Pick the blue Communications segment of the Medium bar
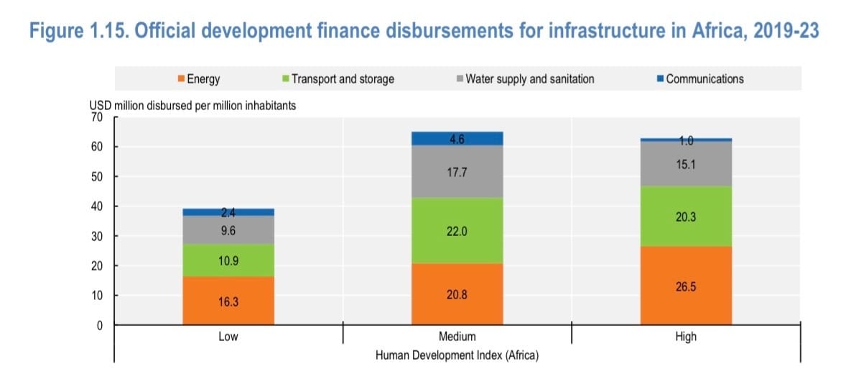point(457,138)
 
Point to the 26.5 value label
point(685,286)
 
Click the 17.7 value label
point(457,172)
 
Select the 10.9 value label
point(228,260)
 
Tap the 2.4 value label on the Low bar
point(228,212)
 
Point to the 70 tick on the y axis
point(97,117)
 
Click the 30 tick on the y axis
point(97,236)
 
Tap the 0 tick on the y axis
point(100,325)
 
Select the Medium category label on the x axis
point(457,337)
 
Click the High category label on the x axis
point(685,337)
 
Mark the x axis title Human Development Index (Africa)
point(457,355)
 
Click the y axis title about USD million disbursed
point(191,106)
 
